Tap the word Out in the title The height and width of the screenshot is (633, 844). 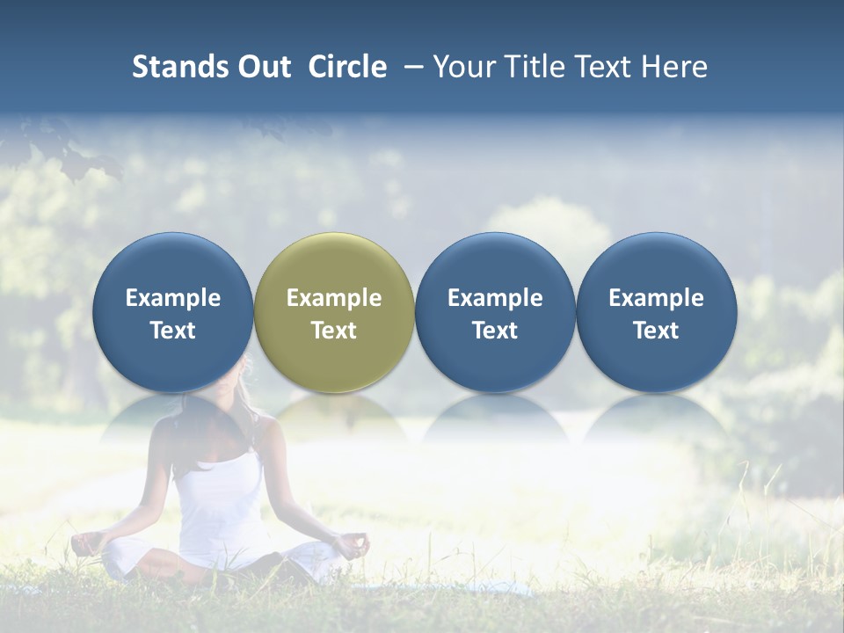(x=263, y=67)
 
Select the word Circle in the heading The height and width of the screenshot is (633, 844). (x=347, y=67)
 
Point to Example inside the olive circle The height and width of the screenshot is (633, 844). (x=334, y=298)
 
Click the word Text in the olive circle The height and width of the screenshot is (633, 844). (x=334, y=331)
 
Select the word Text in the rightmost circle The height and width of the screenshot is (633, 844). (x=656, y=331)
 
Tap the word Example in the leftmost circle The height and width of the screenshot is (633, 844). (x=172, y=298)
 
